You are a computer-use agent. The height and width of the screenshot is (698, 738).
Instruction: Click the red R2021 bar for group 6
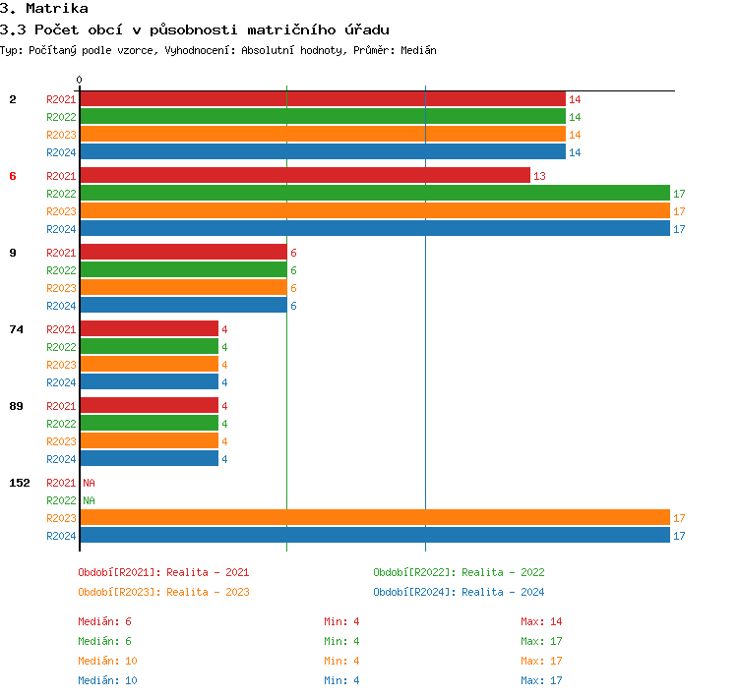(305, 175)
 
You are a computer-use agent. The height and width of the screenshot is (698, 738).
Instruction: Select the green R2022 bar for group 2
(323, 117)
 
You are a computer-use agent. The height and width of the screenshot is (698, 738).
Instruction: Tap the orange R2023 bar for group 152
(374, 518)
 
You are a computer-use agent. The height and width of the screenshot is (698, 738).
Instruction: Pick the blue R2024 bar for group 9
(183, 306)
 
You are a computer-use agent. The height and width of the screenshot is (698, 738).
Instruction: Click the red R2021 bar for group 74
(149, 328)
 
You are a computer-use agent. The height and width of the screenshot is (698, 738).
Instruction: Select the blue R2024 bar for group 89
(149, 458)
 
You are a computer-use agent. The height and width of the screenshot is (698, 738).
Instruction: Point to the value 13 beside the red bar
(539, 176)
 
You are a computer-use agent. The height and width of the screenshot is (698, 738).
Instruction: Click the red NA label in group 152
(89, 483)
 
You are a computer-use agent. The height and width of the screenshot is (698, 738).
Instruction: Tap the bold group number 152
(20, 483)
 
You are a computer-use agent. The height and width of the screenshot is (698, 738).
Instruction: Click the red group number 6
(13, 176)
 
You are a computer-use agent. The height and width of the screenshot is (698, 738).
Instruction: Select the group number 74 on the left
(16, 329)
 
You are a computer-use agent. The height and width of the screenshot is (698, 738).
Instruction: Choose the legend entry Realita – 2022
(459, 572)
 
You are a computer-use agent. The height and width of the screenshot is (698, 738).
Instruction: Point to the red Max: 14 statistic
(541, 621)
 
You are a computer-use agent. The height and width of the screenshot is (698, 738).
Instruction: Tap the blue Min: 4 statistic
(343, 680)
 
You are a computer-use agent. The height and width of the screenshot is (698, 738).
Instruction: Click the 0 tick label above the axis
(80, 80)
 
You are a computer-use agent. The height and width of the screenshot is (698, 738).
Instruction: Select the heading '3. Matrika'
(44, 9)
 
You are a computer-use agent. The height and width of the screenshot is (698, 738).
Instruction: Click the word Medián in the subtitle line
(417, 50)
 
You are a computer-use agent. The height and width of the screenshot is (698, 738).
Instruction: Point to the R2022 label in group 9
(61, 270)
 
